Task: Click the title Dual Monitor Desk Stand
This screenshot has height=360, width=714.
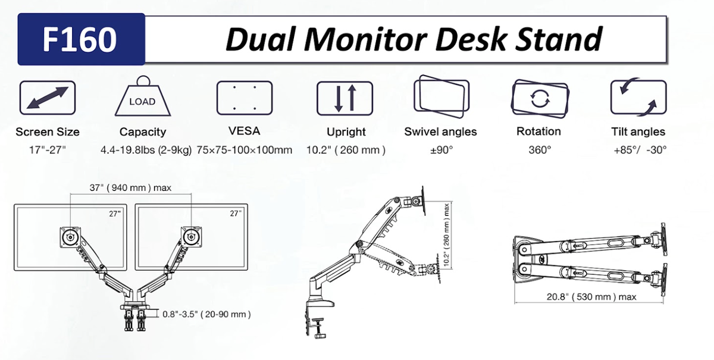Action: click(x=413, y=39)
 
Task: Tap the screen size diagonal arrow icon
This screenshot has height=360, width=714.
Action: click(x=48, y=98)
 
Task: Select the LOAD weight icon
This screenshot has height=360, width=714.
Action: click(x=142, y=98)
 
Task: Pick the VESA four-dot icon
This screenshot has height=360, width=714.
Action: click(x=244, y=98)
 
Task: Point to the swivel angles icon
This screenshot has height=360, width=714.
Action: click(x=440, y=95)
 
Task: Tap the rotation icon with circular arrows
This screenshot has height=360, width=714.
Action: click(x=539, y=98)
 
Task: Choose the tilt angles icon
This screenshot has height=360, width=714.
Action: click(x=638, y=98)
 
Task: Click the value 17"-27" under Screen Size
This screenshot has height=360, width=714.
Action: click(x=48, y=150)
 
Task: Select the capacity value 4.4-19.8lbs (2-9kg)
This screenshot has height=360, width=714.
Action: click(x=146, y=150)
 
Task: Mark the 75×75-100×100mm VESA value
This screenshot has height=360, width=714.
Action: click(x=244, y=150)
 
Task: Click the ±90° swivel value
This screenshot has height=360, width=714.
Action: click(x=441, y=150)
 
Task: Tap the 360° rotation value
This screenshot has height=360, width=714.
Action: click(x=539, y=150)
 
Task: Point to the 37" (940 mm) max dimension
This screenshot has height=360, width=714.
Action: click(x=130, y=188)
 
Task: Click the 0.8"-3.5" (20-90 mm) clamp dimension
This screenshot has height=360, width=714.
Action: click(x=206, y=314)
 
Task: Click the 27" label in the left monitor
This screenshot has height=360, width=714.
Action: click(x=115, y=212)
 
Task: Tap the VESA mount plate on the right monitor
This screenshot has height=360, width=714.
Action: click(x=192, y=236)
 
